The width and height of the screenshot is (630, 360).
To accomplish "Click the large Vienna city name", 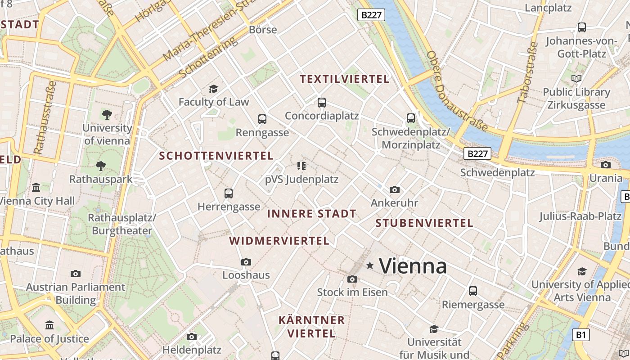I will pyautogui.click(x=413, y=266).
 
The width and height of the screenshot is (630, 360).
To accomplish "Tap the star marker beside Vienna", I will pyautogui.click(x=370, y=265).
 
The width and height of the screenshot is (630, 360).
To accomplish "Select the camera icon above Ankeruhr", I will pyautogui.click(x=395, y=190).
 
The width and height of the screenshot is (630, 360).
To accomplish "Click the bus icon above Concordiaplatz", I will pyautogui.click(x=321, y=103).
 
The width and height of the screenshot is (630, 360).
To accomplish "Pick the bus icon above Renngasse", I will pyautogui.click(x=262, y=119).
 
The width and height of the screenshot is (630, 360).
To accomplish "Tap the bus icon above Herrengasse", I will pyautogui.click(x=229, y=193).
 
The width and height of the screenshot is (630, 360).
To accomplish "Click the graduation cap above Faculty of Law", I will pyautogui.click(x=213, y=89).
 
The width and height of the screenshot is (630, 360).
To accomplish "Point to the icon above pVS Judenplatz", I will pyautogui.click(x=301, y=166).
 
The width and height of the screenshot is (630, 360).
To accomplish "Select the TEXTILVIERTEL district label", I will pyautogui.click(x=344, y=79).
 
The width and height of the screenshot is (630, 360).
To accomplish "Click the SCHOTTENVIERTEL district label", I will pyautogui.click(x=216, y=156).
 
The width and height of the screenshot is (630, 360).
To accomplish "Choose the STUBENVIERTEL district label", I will pyautogui.click(x=424, y=223).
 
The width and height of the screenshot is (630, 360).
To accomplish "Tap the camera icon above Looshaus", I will pyautogui.click(x=246, y=262).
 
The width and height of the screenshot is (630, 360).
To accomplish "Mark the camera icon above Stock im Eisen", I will pyautogui.click(x=352, y=279).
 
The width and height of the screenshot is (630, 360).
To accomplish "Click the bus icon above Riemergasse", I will pyautogui.click(x=473, y=291).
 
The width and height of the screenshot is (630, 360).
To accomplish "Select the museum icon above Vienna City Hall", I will pyautogui.click(x=36, y=187).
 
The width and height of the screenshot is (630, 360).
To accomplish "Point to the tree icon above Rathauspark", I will pyautogui.click(x=101, y=166).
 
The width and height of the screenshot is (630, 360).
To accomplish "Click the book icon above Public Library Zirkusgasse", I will pyautogui.click(x=576, y=79).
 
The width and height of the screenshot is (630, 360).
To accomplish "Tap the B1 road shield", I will pyautogui.click(x=581, y=335).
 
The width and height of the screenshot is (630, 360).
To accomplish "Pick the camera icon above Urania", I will pyautogui.click(x=606, y=165).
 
